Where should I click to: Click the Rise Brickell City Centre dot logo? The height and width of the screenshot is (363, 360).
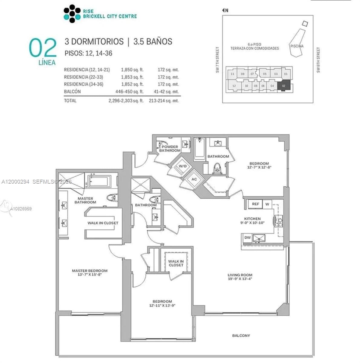72,14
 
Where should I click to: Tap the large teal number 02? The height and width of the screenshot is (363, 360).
43,48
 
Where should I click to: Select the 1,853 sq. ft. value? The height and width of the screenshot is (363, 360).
132,77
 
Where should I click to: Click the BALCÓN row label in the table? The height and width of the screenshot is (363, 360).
72,91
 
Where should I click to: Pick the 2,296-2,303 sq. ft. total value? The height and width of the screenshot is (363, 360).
126,101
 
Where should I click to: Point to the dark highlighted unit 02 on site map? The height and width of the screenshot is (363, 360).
283,86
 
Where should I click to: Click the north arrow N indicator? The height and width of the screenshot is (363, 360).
225,10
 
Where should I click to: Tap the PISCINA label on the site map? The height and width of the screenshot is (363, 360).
296,46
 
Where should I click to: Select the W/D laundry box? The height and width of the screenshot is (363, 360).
182,166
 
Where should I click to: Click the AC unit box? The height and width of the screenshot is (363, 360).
194,179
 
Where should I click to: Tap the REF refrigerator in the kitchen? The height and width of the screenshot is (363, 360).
255,204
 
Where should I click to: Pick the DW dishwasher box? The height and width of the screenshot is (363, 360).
247,238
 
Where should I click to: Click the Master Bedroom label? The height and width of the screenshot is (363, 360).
90,273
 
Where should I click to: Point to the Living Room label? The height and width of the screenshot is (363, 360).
240,277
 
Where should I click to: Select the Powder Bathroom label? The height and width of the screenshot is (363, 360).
170,149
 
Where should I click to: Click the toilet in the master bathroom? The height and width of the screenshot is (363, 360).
112,198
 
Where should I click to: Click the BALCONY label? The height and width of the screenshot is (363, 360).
241,335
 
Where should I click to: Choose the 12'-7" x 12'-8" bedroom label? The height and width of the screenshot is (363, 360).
259,165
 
